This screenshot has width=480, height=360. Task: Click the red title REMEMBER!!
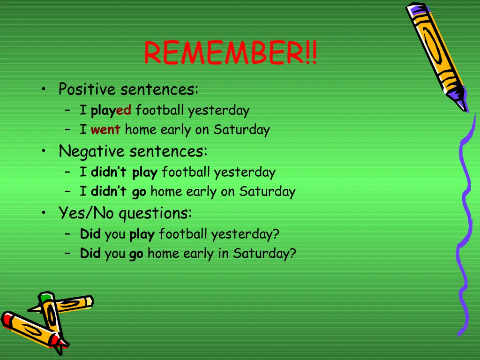[230, 53]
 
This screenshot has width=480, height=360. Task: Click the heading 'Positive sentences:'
[128, 89]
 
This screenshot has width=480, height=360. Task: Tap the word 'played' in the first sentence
[111, 111]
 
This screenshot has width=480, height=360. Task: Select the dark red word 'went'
[105, 130]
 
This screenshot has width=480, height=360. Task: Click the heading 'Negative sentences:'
[133, 151]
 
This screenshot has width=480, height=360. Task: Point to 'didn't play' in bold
[124, 172]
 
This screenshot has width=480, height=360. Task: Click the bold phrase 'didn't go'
[119, 192]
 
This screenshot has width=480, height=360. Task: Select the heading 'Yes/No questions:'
[125, 213]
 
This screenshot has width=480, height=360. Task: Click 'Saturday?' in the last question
[265, 254]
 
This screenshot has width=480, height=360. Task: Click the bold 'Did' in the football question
[90, 234]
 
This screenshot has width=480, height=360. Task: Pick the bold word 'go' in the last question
[136, 254]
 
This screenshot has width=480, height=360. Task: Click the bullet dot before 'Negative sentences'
[44, 151]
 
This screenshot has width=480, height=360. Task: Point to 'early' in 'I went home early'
[176, 130]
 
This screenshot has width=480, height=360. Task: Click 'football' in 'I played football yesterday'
[160, 111]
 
